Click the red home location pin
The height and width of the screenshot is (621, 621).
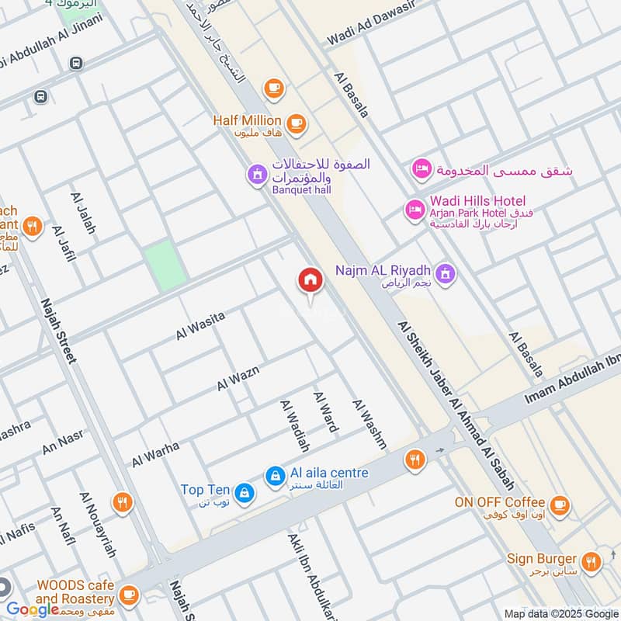310,281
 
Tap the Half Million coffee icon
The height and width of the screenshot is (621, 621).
295,123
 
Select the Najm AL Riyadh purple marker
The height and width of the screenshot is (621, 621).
446,272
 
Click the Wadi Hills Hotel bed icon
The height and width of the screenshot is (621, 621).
413,210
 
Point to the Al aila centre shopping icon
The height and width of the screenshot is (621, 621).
274,476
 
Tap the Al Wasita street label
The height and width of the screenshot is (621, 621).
200,325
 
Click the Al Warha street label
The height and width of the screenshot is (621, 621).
155,454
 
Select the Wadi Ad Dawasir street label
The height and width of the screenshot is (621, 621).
371,25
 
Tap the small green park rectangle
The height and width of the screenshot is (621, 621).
165,265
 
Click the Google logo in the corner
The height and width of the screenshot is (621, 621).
33,609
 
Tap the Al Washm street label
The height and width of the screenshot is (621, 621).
369,424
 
